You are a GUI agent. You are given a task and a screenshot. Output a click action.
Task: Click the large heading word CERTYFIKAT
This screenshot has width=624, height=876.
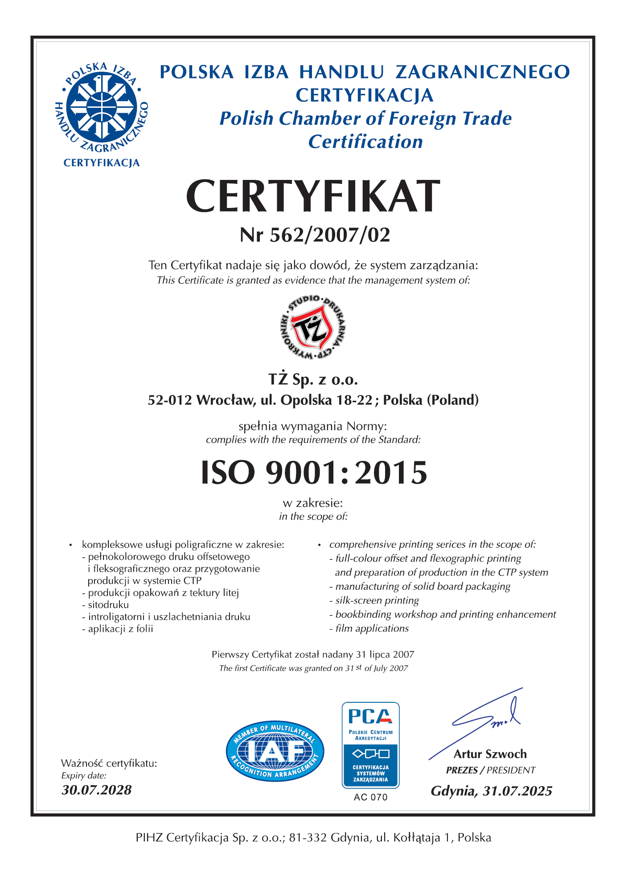(313, 196)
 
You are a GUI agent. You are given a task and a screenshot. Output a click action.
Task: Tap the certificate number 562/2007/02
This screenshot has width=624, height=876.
(330, 235)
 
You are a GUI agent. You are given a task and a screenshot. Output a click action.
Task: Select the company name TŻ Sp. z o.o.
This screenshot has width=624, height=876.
(313, 379)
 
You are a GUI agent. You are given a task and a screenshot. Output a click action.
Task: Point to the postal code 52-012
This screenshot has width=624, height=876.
(170, 400)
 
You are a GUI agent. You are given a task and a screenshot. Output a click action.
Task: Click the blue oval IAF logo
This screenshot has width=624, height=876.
(275, 751)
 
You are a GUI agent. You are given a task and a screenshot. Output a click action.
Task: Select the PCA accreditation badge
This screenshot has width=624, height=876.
(370, 745)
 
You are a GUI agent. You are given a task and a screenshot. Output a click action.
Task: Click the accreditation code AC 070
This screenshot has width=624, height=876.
(370, 797)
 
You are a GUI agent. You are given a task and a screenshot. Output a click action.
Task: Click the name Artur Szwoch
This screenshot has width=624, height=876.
(490, 754)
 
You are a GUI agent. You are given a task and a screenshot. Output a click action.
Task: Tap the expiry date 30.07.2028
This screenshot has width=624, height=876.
(97, 790)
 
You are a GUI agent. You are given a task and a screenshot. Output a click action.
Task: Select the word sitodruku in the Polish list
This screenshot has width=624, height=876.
(108, 605)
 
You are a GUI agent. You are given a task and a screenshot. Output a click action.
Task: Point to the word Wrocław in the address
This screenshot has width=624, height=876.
(226, 400)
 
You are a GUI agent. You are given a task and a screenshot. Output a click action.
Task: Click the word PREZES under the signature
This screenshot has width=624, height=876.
(462, 770)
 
